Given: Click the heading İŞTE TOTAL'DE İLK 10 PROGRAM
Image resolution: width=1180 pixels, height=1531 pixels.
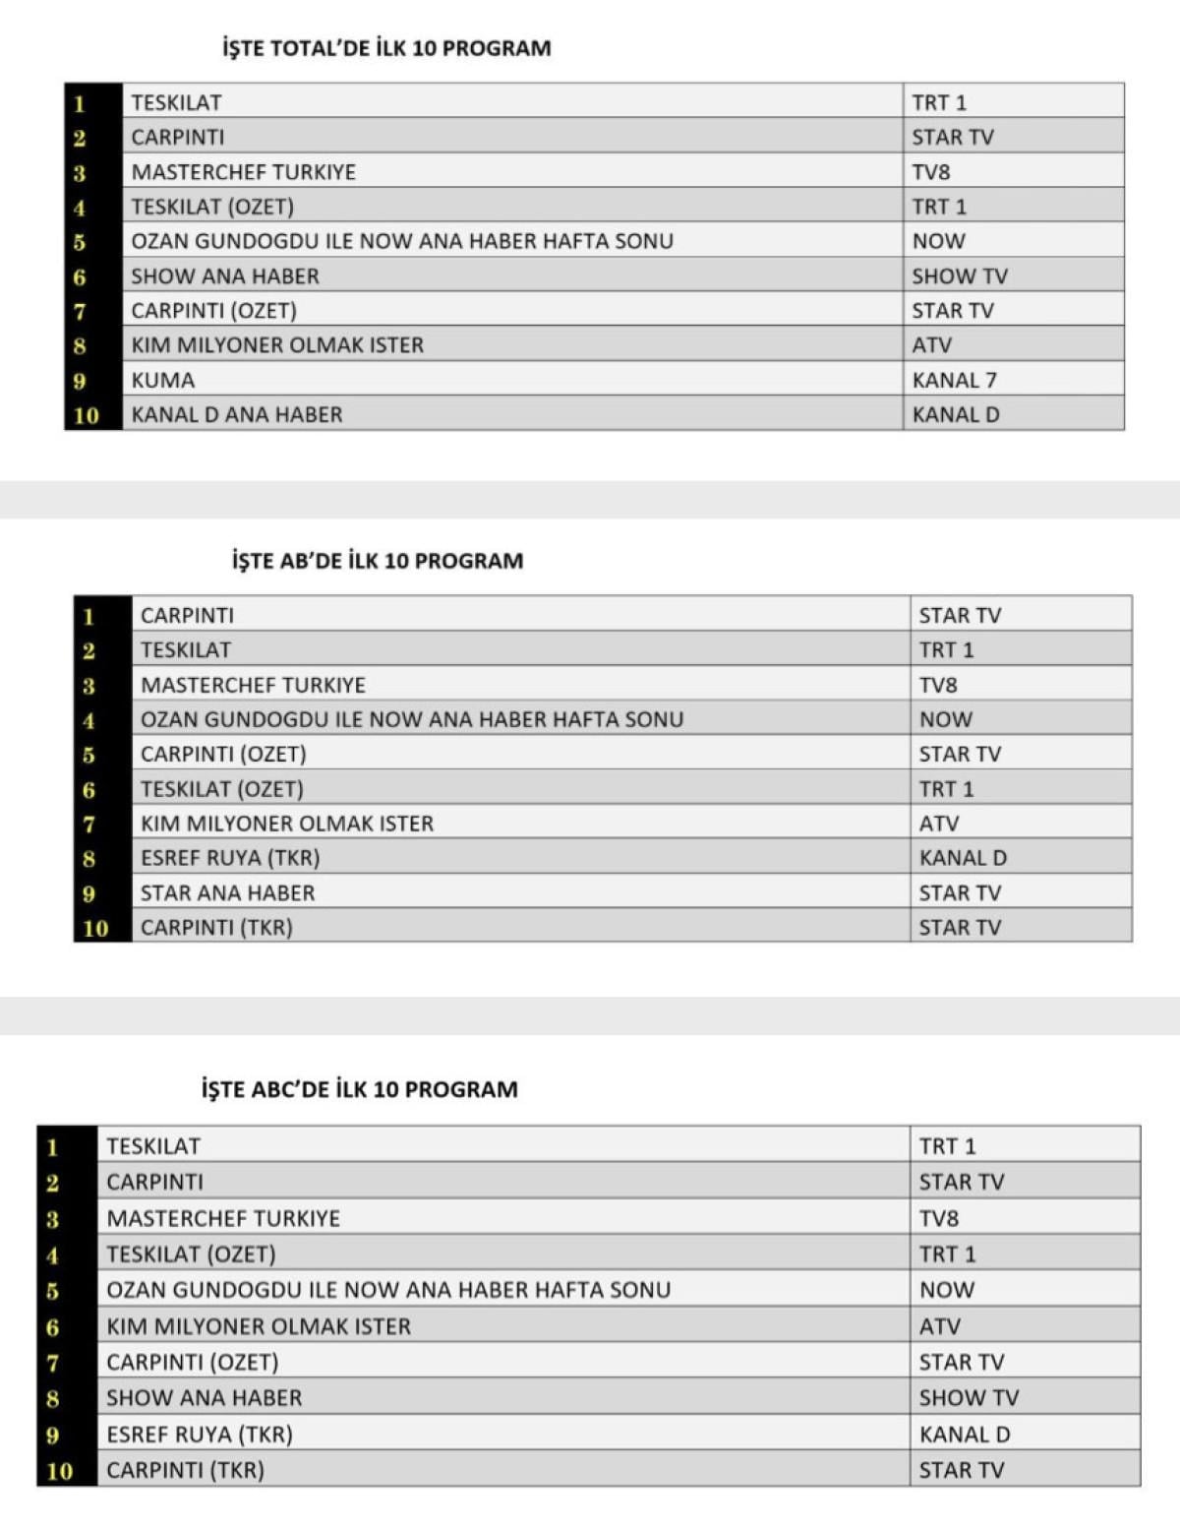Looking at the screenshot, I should click(386, 48).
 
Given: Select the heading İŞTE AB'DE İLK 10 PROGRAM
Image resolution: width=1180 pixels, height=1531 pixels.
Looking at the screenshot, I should click(378, 561).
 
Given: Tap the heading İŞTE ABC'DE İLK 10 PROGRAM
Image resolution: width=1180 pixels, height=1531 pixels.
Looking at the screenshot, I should click(360, 1089).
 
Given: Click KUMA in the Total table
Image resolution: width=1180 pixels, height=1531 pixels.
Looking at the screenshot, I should click(163, 380).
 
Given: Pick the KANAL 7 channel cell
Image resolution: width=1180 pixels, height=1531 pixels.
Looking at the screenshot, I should click(954, 380).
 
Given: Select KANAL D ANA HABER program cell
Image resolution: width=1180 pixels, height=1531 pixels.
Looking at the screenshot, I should click(237, 414).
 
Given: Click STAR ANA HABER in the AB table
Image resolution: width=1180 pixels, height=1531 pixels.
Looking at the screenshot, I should click(228, 892).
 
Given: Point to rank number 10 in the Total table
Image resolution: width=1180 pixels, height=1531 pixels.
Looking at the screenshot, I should click(87, 415).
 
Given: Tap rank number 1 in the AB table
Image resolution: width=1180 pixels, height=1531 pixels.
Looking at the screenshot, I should click(88, 616).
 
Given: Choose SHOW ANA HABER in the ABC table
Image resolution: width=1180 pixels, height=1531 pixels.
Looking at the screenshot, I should click(205, 1397).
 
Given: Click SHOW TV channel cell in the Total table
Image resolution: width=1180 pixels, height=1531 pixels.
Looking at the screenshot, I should click(960, 276).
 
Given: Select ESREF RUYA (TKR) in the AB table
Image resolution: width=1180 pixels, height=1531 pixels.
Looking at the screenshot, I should click(230, 858).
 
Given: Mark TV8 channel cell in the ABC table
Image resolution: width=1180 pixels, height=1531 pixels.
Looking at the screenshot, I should click(939, 1218).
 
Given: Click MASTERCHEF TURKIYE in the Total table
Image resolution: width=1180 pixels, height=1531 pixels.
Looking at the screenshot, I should click(244, 172).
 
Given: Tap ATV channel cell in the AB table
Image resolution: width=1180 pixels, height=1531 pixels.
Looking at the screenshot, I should click(939, 824).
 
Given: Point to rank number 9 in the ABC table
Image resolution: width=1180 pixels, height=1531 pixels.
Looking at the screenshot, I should click(53, 1435).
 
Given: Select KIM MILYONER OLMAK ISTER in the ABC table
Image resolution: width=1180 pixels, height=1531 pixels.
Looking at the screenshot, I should click(259, 1326).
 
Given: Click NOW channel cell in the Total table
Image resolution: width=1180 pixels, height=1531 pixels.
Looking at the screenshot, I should click(939, 241).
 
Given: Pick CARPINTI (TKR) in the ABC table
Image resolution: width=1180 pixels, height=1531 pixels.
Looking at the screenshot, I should click(186, 1470).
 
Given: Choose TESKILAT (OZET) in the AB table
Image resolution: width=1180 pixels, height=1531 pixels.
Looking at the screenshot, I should click(222, 789).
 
